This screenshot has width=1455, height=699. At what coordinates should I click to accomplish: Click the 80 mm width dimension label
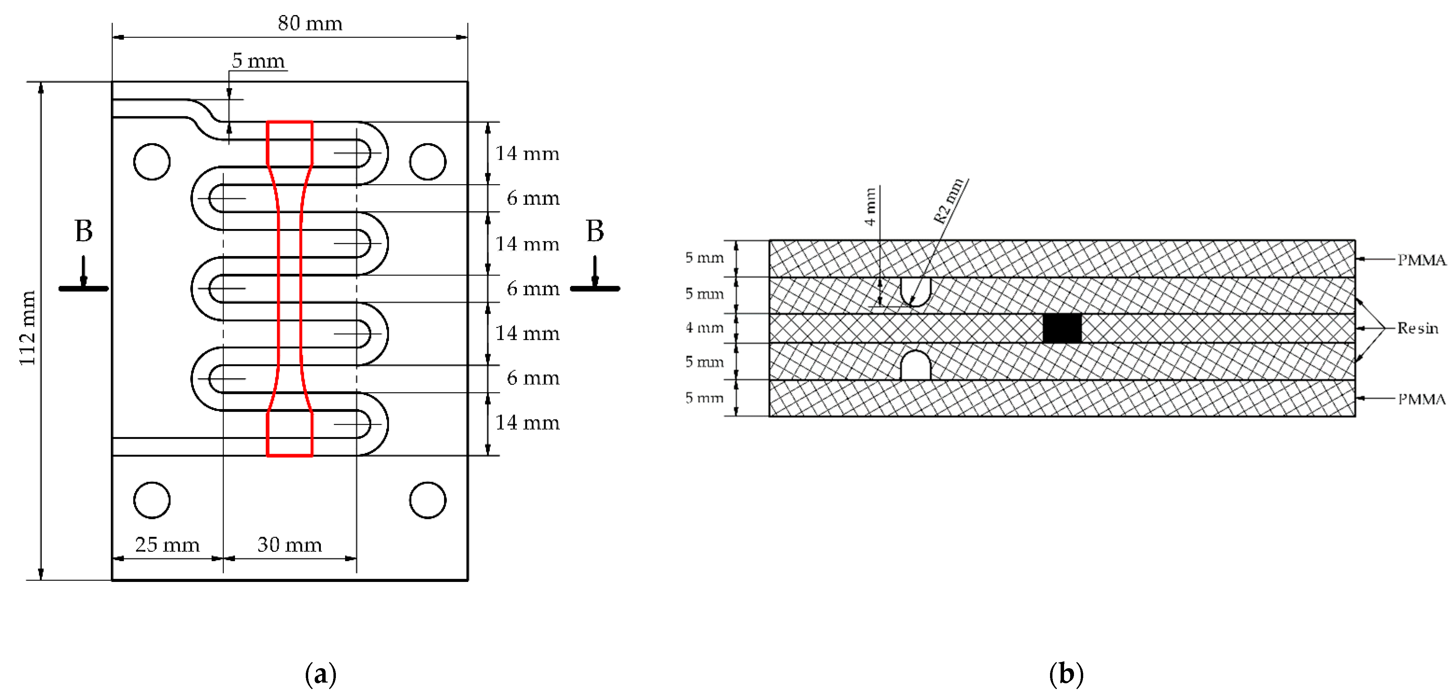(310, 24)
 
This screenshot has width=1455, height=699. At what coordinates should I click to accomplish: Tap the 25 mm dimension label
(167, 545)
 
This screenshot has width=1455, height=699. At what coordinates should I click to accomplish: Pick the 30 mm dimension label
(289, 545)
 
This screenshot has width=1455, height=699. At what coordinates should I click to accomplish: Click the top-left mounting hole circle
(152, 162)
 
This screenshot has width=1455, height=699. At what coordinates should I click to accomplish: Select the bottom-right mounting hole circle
(428, 500)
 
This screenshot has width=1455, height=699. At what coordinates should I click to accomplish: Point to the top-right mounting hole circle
(428, 162)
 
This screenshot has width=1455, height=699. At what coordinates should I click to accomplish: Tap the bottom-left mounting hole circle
(152, 500)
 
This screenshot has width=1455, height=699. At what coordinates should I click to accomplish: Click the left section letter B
(83, 231)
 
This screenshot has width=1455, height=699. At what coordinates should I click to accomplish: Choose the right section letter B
(595, 231)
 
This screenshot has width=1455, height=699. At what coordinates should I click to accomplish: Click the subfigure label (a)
(320, 674)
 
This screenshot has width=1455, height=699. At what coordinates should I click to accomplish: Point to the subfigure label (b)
(1066, 674)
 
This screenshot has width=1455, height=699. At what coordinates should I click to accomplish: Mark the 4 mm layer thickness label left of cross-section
(704, 328)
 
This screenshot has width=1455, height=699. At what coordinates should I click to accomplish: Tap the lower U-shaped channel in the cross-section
(915, 366)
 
